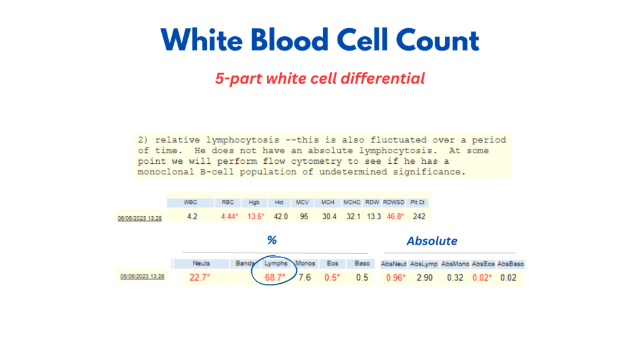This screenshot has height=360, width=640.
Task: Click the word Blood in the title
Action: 289,40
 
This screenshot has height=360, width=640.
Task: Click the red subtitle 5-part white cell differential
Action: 320,78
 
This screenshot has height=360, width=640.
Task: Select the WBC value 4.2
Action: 192,216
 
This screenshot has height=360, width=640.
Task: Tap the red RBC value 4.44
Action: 229,216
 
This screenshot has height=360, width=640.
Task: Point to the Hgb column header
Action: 254,202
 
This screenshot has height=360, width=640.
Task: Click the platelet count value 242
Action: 419,216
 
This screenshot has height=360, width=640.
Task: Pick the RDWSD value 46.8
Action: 395,216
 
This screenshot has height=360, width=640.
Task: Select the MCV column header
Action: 302,202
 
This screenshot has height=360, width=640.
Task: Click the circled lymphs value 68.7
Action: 275,277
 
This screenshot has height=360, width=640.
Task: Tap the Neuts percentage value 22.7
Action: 199,277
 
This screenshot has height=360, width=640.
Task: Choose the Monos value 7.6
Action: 304,277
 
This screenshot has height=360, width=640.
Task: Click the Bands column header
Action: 245,264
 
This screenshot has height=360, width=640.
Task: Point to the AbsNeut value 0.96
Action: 396,278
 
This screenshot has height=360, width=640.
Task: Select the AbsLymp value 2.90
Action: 424,278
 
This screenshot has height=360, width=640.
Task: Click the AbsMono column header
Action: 455,264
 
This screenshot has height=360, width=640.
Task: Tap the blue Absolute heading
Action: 432,241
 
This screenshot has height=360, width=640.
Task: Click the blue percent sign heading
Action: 272,240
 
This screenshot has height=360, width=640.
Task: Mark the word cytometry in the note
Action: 316,161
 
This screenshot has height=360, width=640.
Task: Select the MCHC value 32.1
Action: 354,216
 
